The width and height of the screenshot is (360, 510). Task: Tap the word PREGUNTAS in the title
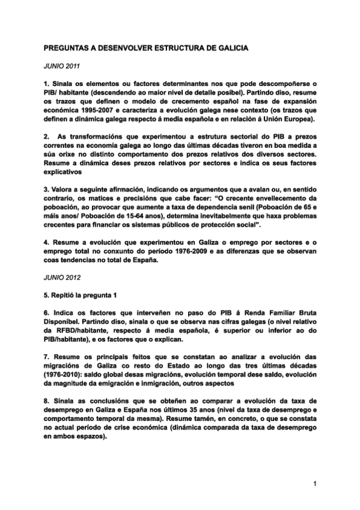tap(70, 46)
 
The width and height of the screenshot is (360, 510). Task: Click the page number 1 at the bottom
tap(314, 482)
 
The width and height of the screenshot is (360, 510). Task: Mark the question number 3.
tap(46, 189)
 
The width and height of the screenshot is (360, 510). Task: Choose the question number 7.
tap(46, 354)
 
